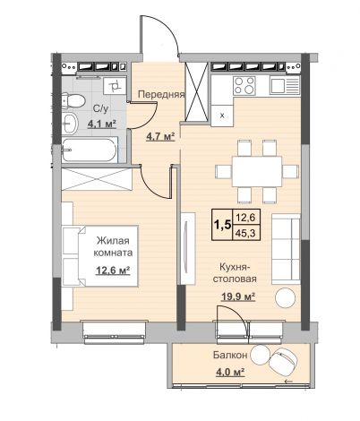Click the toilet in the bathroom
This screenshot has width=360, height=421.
point(73,100)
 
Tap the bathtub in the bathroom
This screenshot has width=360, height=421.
point(89,150)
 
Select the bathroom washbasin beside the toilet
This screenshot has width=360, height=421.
point(70,124)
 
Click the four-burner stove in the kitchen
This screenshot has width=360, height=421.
point(244,85)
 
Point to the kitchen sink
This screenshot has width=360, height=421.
point(285,85)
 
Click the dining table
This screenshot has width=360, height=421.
point(257,171)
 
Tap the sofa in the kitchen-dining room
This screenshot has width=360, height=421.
point(286,249)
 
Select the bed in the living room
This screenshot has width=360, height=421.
point(100,256)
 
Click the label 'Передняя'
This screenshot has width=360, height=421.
point(161,95)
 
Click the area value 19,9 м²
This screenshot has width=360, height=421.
point(238,296)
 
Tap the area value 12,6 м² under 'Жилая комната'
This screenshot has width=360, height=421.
point(113,271)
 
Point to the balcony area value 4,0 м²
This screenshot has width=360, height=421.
point(229,372)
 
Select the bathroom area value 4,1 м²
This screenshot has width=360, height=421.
point(101,124)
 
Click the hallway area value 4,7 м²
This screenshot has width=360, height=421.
point(160,137)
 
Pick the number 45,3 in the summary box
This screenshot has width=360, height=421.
point(245,233)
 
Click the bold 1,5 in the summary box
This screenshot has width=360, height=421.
point(222,225)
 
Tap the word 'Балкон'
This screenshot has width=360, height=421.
point(230,355)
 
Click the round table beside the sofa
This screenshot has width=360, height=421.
point(286,297)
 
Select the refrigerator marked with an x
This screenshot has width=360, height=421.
point(222,116)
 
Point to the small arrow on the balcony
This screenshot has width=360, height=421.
point(288,382)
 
